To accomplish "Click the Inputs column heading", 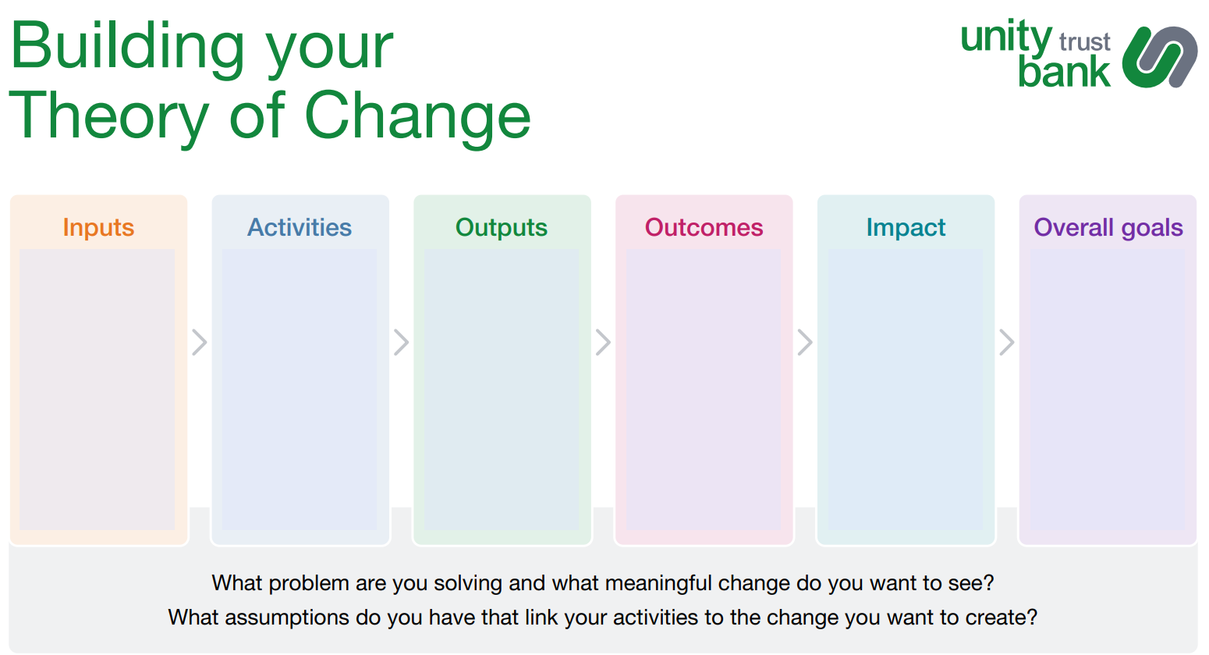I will point(98,227).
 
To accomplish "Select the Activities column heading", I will point(300,227).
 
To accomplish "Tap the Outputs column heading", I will point(502,227).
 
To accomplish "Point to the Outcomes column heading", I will point(704,227).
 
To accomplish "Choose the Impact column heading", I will point(906,227).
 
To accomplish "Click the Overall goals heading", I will point(1108,227).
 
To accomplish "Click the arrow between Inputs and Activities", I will point(200,342).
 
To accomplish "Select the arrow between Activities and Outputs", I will point(401,342).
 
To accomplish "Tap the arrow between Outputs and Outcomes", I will point(603,342).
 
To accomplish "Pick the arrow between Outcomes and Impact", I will point(805,342).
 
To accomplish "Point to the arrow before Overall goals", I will point(1007,342).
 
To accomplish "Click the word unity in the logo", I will point(1005,37).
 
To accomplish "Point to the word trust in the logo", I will point(1084,41).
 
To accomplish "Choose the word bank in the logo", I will point(1064,72).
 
